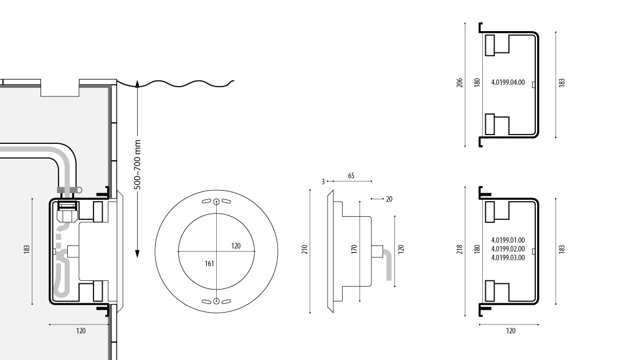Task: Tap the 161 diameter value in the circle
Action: coord(210,264)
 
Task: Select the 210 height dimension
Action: coord(305,252)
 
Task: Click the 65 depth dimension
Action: coord(351,177)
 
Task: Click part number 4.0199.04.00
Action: coord(508,82)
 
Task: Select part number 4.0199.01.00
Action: coord(508,240)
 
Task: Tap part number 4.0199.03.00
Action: coord(508,257)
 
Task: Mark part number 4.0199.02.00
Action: coord(508,249)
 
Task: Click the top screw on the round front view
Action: coord(216,202)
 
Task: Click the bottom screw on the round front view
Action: coord(216,301)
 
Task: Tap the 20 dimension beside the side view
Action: coord(389,199)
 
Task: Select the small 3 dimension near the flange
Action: coord(323,181)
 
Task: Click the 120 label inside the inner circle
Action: coord(235,246)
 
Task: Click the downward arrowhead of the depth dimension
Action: coord(138,255)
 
